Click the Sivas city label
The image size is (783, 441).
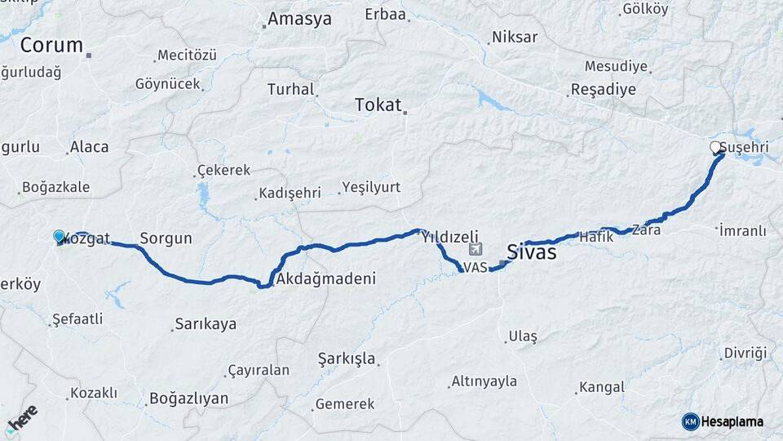point(532,252)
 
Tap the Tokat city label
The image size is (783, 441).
point(378,105)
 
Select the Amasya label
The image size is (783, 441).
point(299,19)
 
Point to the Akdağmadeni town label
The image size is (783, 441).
point(326,278)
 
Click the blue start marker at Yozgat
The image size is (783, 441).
point(59,237)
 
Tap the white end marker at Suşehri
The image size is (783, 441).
point(715,147)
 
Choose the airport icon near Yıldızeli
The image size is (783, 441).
point(476,249)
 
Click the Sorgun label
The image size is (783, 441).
point(166,238)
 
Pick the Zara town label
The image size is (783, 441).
point(646,229)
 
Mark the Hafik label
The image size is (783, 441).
point(595,237)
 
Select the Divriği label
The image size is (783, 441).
point(745,353)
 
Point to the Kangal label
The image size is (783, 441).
point(601,386)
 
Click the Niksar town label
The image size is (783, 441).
point(515,38)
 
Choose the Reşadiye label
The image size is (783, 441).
point(603,89)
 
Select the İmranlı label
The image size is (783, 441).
point(743,230)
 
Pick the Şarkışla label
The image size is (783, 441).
point(347,359)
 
